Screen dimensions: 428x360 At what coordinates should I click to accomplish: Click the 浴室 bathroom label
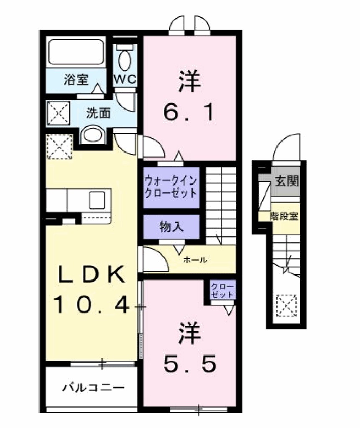tap(76, 80)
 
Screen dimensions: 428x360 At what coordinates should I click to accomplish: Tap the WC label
tap(125, 80)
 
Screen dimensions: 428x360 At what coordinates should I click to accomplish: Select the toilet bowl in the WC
tap(125, 61)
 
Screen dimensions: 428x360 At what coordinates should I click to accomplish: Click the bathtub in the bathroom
tap(76, 52)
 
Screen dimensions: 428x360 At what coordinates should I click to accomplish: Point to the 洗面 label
tap(99, 112)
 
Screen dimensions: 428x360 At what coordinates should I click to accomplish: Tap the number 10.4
tap(92, 306)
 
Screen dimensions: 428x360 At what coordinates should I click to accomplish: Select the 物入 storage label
tap(171, 227)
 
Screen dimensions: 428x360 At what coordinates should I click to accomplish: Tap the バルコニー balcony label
tap(94, 387)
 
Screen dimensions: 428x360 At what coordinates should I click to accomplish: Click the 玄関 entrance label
tap(286, 181)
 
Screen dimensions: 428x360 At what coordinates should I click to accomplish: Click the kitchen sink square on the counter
tap(96, 200)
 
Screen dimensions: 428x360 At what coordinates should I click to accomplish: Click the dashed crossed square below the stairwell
tap(286, 305)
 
